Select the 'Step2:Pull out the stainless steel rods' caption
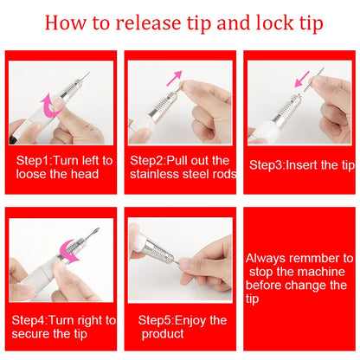[179, 166]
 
